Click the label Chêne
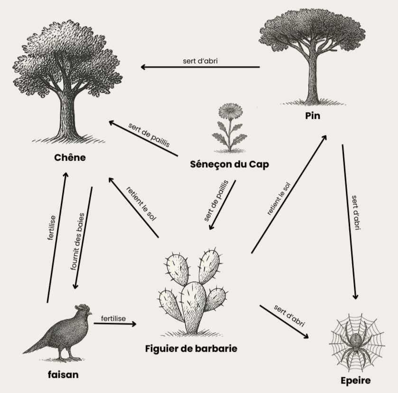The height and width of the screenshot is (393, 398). (69, 157)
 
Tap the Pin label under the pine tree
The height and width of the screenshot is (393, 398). (313, 115)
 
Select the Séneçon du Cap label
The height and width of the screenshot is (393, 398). (229, 164)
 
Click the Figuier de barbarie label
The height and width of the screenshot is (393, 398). (191, 348)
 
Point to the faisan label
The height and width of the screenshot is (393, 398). (63, 374)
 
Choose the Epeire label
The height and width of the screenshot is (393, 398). (355, 380)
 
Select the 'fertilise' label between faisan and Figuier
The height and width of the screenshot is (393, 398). (113, 318)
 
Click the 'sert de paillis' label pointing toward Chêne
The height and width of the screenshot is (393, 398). (148, 134)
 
